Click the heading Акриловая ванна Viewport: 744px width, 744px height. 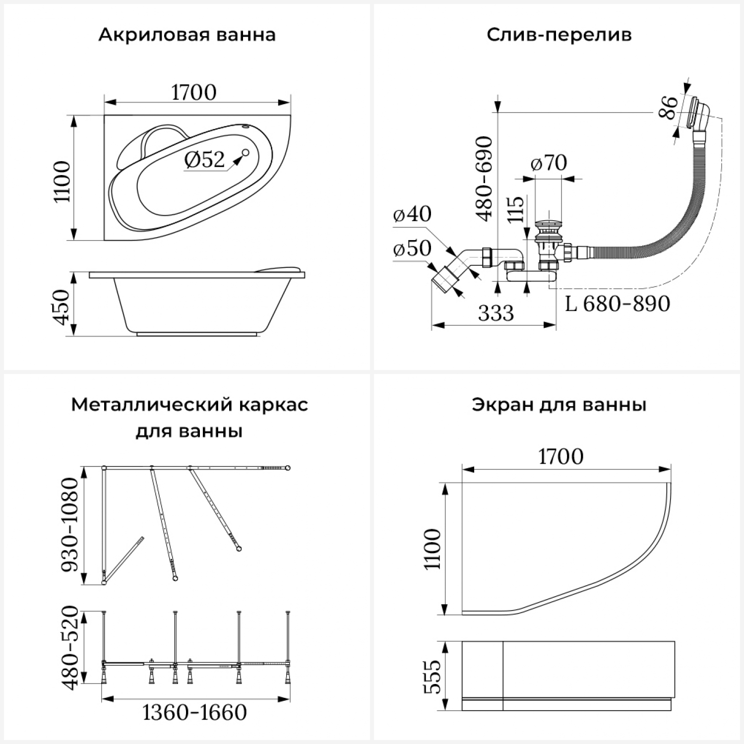186,35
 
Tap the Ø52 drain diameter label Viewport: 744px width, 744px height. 204,160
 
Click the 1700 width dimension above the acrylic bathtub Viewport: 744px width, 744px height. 194,93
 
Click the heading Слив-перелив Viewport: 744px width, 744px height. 559,35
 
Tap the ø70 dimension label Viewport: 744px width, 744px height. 549,163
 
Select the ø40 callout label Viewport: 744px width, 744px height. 412,214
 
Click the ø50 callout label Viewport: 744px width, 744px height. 412,248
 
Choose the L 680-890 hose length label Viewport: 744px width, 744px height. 618,304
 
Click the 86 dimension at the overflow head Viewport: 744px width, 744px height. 668,107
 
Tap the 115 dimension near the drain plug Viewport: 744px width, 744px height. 516,209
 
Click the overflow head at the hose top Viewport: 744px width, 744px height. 699,114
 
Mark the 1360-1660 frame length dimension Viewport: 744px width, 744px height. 194,713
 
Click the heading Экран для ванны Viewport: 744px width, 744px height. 559,405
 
